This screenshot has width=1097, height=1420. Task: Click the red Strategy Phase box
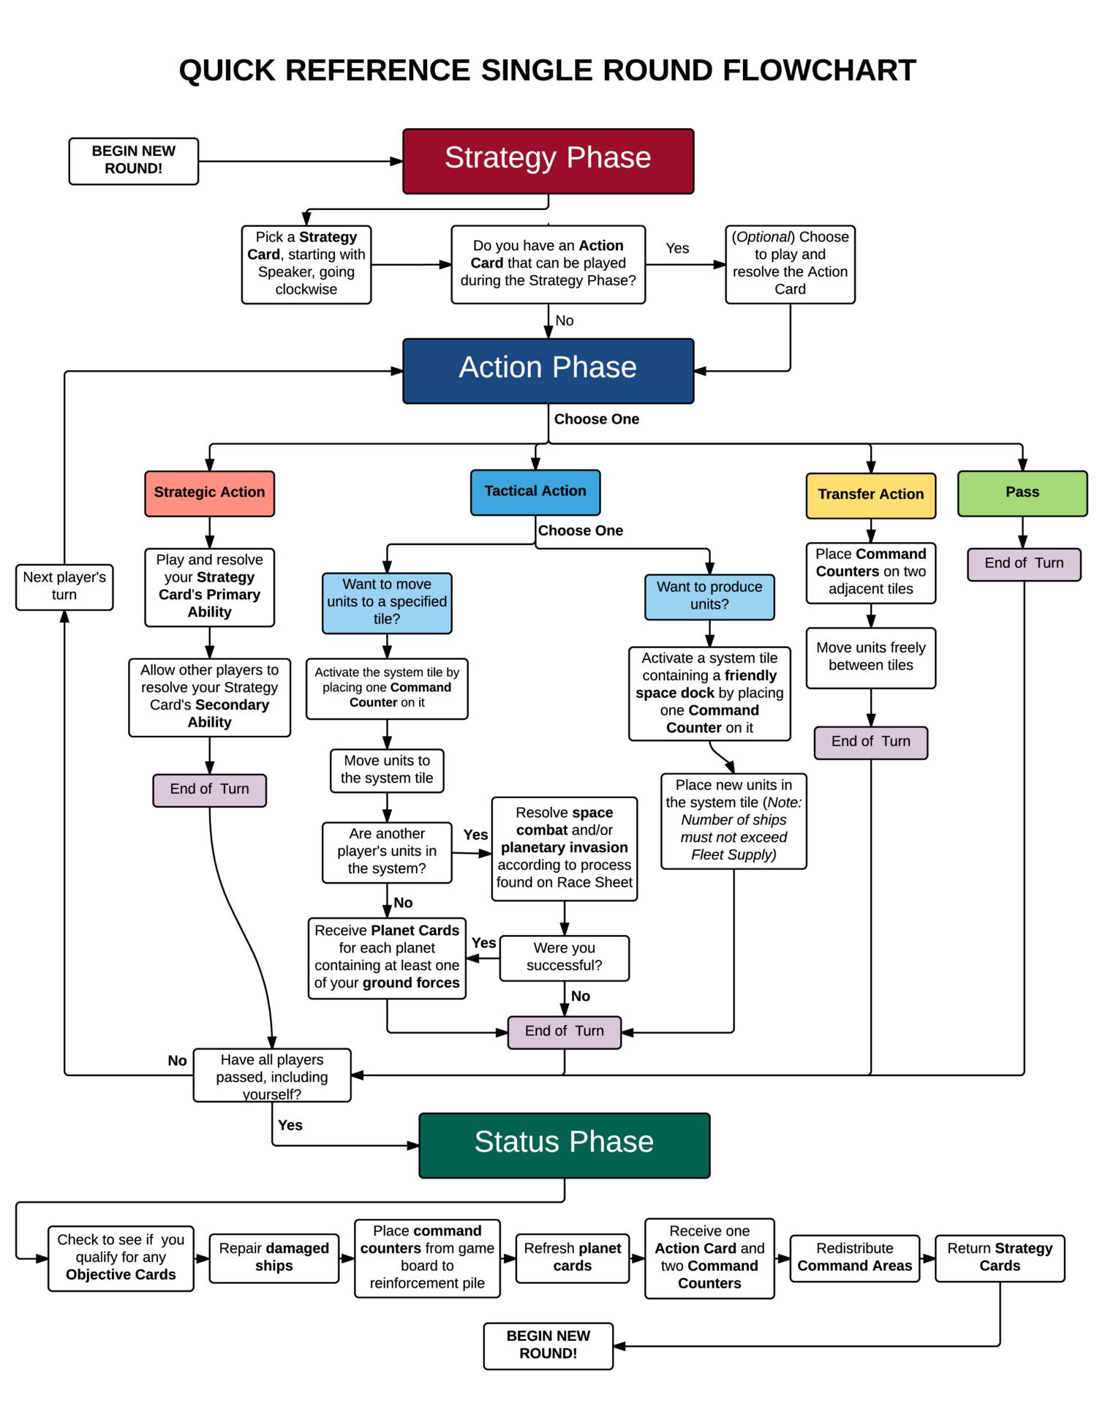click(x=548, y=161)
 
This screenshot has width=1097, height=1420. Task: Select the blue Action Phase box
click(x=548, y=370)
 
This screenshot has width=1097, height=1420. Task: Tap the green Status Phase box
click(x=564, y=1145)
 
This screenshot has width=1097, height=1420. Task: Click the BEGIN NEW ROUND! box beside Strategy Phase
click(x=133, y=161)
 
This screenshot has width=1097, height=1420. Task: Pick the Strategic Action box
click(x=209, y=493)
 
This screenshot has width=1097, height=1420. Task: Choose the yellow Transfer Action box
click(x=870, y=495)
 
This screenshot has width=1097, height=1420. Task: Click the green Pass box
click(x=1022, y=493)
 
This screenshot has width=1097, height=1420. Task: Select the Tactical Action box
click(x=535, y=492)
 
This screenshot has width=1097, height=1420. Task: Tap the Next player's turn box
click(x=64, y=586)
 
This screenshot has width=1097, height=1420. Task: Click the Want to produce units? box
click(x=709, y=596)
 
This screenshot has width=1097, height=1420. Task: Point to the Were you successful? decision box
click(x=564, y=957)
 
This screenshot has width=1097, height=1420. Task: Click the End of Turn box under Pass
click(x=1023, y=564)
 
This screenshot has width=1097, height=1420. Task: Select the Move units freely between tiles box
click(x=870, y=657)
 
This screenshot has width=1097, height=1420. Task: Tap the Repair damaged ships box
click(x=274, y=1258)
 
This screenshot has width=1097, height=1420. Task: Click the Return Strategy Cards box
click(x=999, y=1258)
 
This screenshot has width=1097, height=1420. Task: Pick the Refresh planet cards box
click(x=572, y=1258)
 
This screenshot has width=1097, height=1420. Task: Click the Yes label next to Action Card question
click(x=677, y=249)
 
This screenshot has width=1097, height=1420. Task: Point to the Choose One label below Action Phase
click(x=596, y=419)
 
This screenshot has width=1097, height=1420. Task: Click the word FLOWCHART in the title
click(x=819, y=71)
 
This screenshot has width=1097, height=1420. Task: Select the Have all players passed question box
click(x=271, y=1075)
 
